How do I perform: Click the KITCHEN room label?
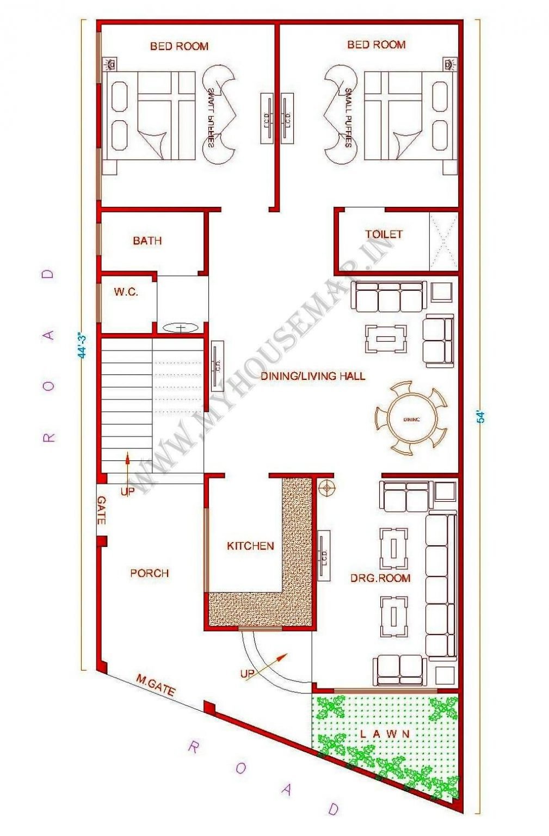click(x=250, y=545)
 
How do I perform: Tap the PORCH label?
click(x=149, y=573)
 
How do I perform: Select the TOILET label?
click(x=384, y=234)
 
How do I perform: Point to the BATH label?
click(x=147, y=241)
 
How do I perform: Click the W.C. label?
click(x=126, y=292)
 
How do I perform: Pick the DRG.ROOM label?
click(x=380, y=578)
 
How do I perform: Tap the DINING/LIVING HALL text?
click(x=312, y=376)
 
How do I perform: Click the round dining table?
click(x=411, y=419)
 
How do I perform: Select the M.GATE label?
click(x=156, y=685)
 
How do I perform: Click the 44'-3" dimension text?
click(x=82, y=345)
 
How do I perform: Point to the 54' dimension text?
click(x=480, y=416)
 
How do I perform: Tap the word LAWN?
click(x=385, y=734)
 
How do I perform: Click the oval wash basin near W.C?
click(x=180, y=328)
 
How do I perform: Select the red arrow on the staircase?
click(x=127, y=464)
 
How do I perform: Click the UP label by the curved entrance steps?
click(x=247, y=674)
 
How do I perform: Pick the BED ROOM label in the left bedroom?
click(x=179, y=46)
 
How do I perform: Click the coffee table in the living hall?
click(x=386, y=339)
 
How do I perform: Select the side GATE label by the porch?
click(x=101, y=510)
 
